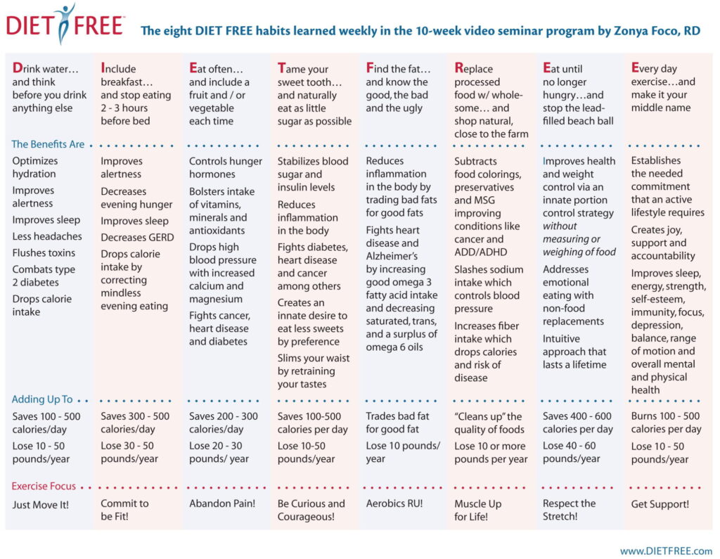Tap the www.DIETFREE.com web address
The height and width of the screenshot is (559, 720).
click(666, 551)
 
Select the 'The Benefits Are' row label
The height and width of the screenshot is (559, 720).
click(48, 144)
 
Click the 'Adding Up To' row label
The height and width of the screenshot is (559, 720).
click(41, 399)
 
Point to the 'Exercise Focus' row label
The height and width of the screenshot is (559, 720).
click(44, 486)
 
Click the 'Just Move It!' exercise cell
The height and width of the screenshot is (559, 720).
click(40, 505)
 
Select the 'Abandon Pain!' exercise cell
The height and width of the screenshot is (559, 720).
click(221, 503)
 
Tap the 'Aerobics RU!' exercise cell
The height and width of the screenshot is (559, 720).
click(394, 503)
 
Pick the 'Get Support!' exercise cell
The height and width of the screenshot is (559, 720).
click(660, 504)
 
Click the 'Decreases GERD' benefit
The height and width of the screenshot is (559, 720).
click(137, 238)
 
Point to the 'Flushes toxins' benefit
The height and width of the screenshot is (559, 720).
click(44, 252)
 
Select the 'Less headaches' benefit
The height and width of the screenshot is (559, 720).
click(47, 236)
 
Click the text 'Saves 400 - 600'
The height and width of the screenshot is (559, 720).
click(577, 416)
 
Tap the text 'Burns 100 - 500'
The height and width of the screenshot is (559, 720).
click(665, 416)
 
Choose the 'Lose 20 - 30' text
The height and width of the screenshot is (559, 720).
click(217, 446)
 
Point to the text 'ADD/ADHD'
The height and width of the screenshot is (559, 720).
click(481, 252)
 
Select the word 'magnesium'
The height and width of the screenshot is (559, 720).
click(216, 299)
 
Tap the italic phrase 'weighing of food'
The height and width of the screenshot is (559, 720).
click(579, 252)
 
